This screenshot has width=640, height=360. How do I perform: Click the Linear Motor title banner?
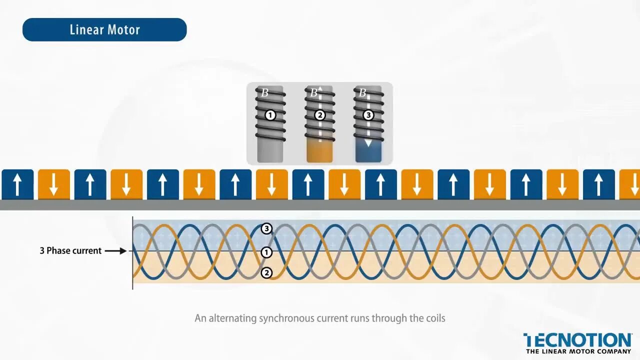pos(104,29)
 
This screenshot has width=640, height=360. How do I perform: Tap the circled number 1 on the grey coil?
pos(270,115)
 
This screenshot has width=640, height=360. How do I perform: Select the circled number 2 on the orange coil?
pos(319,115)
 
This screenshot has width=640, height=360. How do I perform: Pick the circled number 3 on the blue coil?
pos(368,115)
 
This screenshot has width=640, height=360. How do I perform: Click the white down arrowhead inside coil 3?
pos(368,143)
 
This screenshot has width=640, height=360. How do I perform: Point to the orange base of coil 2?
pos(319,152)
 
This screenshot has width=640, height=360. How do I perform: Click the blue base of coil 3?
pos(368,153)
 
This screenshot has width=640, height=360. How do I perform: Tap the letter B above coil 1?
pos(265,92)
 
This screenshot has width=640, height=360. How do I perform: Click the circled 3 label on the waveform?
pos(266,229)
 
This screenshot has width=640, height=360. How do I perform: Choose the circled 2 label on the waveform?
pos(266,272)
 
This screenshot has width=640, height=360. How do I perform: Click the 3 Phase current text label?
pos(70,250)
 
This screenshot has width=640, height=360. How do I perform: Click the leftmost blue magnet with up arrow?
pos(17,184)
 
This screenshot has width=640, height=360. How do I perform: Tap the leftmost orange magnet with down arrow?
pos(54,184)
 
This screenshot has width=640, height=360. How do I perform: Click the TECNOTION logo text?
pos(577,340)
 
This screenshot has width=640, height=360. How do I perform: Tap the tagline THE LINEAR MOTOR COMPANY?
pos(578,351)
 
